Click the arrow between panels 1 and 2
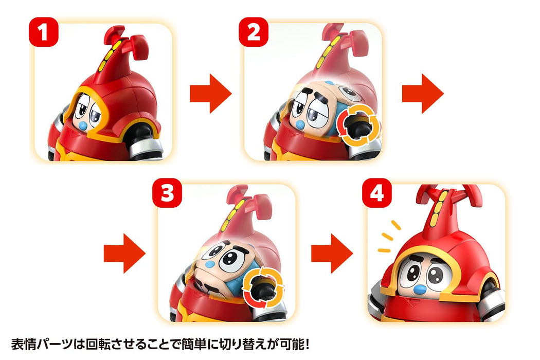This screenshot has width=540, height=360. point(211,93)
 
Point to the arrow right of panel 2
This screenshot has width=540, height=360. point(422,93)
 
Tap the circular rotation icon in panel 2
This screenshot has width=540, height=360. point(358,123)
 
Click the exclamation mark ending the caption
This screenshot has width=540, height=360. point(305,344)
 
